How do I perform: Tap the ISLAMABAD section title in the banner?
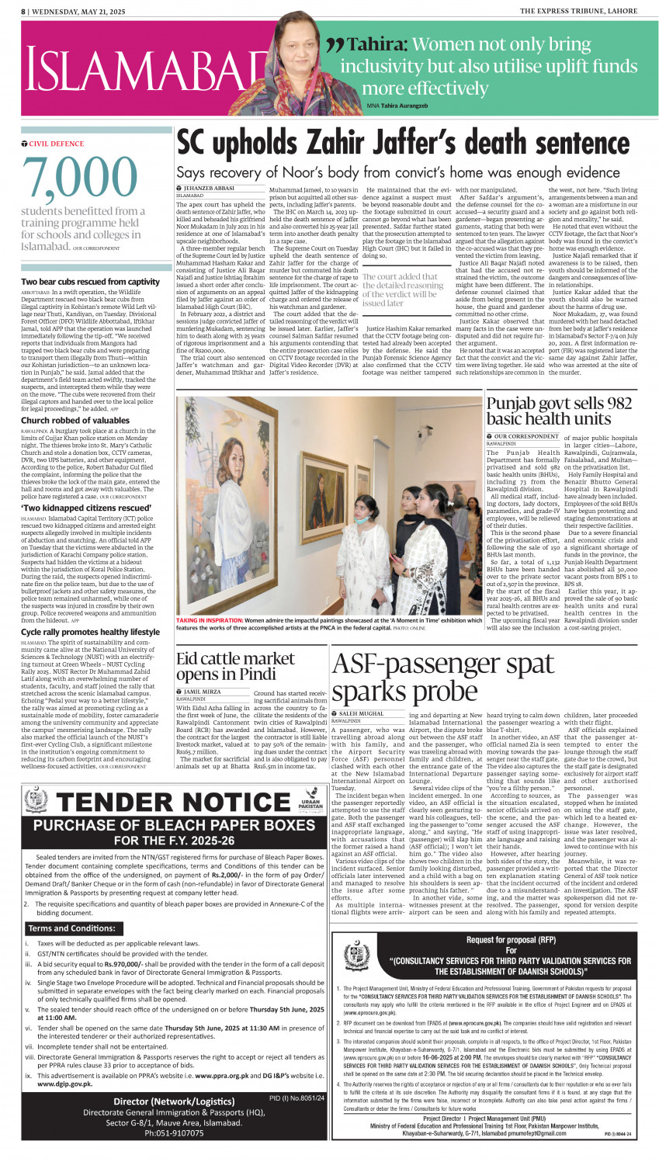click(140, 71)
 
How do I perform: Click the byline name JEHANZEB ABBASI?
click(209, 189)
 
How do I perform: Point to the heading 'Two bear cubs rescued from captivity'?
click(90, 282)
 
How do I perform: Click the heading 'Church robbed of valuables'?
click(75, 421)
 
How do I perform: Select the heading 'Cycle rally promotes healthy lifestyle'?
click(90, 633)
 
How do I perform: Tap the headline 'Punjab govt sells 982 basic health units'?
click(559, 411)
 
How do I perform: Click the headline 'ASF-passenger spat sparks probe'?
click(442, 677)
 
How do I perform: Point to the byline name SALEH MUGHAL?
click(361, 713)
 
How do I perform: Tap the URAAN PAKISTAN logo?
click(310, 800)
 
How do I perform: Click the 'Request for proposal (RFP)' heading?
click(489, 940)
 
